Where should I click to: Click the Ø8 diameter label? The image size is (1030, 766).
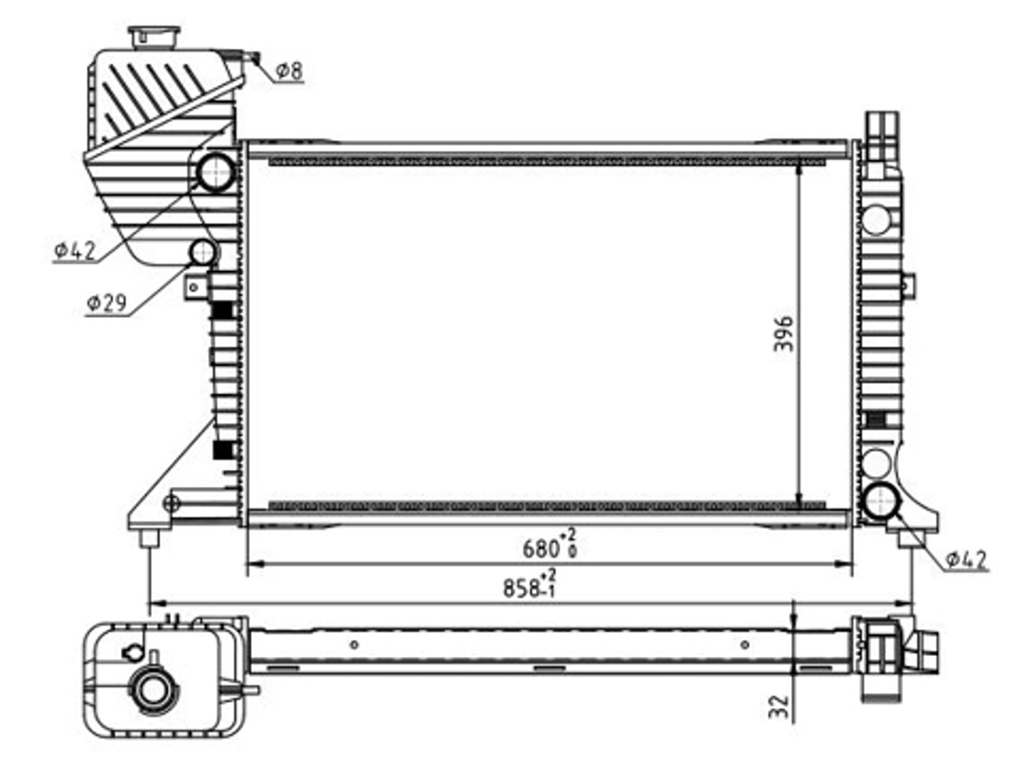(x=289, y=71)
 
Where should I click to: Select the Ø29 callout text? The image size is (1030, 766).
(x=106, y=303)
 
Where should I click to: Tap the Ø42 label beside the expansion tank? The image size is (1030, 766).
(x=74, y=251)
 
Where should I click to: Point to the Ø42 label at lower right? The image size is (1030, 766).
(x=966, y=560)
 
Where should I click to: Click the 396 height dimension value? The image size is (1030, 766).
(x=783, y=334)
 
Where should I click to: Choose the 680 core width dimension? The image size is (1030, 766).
(x=549, y=548)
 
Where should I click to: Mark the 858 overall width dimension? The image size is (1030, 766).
(x=530, y=586)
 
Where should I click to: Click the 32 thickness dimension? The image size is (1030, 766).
(x=779, y=707)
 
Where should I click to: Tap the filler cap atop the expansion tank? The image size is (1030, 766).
(x=155, y=37)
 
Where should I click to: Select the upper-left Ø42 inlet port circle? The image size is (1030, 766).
(x=216, y=171)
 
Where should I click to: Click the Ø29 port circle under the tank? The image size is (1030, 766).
(x=202, y=252)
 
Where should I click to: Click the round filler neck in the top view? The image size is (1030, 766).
(x=153, y=692)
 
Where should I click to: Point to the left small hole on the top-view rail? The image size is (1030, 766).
(x=355, y=645)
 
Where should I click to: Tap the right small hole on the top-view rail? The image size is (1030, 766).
(x=745, y=645)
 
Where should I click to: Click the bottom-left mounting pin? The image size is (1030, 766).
(x=150, y=538)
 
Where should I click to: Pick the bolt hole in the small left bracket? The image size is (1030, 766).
(x=194, y=288)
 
